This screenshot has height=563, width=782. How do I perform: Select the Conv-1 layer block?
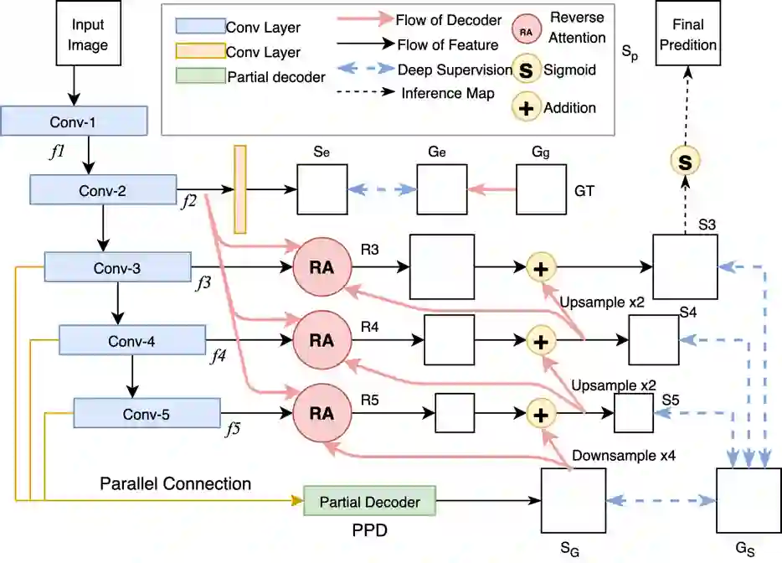pos(75,121)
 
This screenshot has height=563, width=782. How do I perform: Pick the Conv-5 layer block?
pos(147,413)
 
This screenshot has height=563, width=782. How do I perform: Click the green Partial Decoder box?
pos(369,502)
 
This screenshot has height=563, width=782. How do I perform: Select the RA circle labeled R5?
pos(322,413)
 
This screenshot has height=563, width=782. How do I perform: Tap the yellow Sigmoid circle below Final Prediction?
pos(684,162)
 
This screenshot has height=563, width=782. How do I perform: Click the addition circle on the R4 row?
pos(541,341)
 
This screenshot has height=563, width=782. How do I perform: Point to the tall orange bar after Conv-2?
pos(240,189)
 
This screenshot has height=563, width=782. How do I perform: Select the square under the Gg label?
pos(541,190)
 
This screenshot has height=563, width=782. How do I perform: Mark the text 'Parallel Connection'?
pos(175,483)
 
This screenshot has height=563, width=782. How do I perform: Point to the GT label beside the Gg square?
pos(584,191)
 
